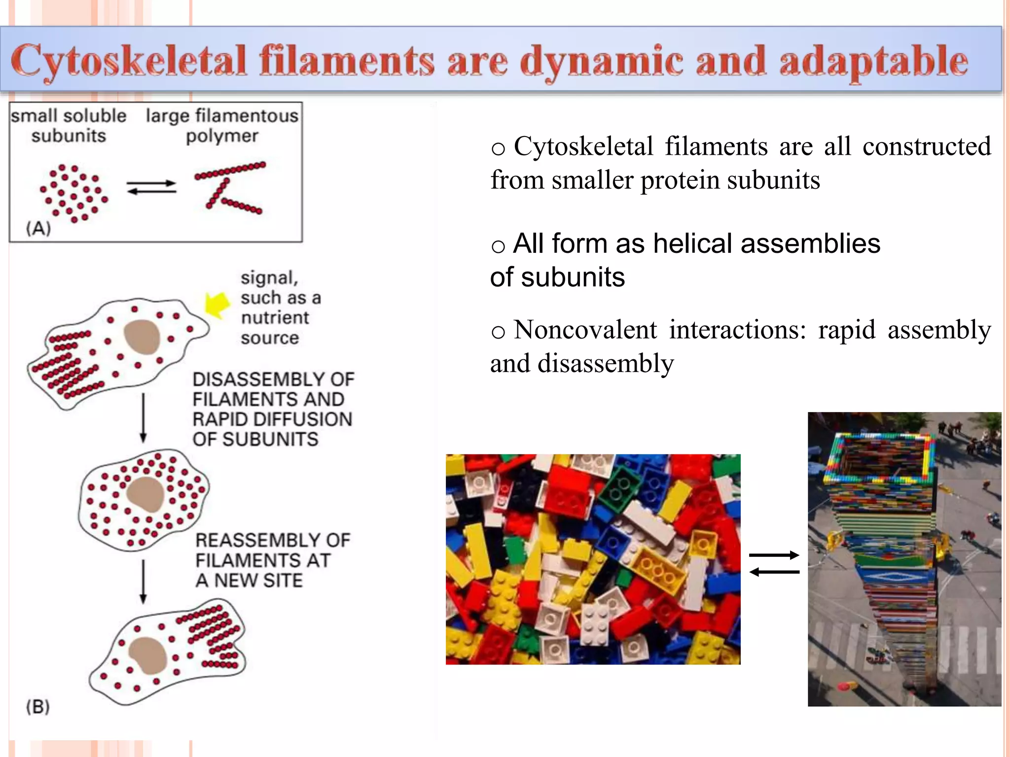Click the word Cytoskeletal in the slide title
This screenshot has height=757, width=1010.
point(128,61)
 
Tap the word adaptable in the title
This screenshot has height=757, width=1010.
point(873,61)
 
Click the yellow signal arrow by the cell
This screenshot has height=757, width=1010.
point(217,304)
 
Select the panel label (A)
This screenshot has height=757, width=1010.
point(38,228)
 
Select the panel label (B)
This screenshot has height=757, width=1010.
point(38,707)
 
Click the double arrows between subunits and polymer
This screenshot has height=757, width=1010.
point(151,187)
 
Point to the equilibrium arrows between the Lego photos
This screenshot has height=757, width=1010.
point(774,563)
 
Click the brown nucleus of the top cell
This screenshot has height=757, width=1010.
point(143,337)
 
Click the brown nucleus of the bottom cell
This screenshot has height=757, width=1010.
point(148,654)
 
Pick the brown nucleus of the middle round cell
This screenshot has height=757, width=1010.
point(145,494)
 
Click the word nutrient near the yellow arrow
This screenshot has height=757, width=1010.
point(275,318)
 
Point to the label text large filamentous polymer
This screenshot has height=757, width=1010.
point(222,125)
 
